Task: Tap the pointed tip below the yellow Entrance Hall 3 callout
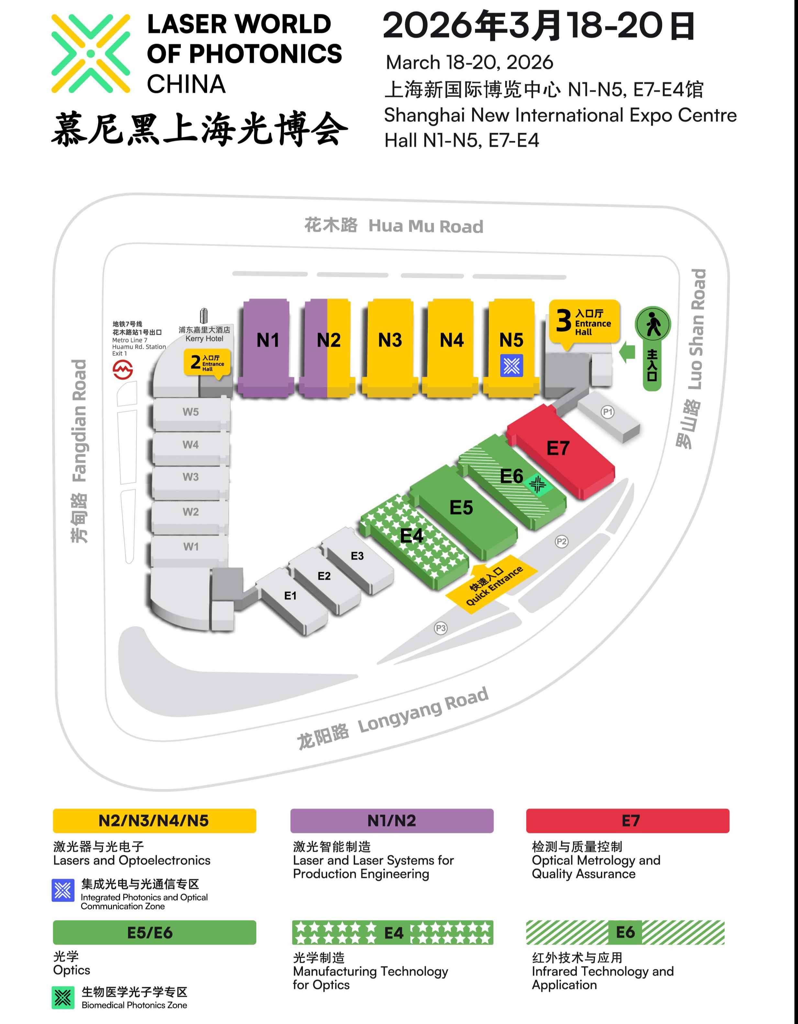[x=568, y=350]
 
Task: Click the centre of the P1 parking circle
[x=607, y=412]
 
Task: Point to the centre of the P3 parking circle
[x=440, y=628]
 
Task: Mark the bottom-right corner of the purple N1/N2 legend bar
[x=493, y=833]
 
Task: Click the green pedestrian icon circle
[x=653, y=324]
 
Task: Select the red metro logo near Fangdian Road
[x=123, y=369]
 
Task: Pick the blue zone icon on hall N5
[x=512, y=366]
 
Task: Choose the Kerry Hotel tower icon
[x=203, y=316]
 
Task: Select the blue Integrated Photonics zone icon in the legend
[x=63, y=890]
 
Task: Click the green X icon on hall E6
[x=538, y=484]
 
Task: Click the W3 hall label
[x=191, y=477]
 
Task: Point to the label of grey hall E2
[x=324, y=576]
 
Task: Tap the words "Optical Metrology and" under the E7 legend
[x=596, y=861]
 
